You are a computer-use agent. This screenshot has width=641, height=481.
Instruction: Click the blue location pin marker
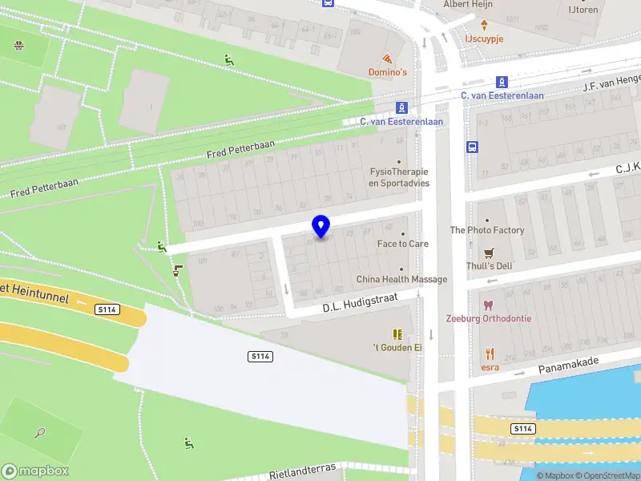321,226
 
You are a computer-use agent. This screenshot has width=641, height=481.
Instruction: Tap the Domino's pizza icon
388,59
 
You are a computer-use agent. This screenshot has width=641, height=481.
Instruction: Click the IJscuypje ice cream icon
484,25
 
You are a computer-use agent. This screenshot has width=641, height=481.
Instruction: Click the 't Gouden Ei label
397,347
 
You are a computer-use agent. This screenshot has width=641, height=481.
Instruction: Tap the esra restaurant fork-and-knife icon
490,353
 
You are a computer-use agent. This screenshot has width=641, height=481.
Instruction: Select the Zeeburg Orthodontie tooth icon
488,305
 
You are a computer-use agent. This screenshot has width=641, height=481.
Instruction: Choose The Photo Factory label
487,230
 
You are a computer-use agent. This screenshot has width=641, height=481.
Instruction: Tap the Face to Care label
403,244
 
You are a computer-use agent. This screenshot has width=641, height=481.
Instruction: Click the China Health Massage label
401,279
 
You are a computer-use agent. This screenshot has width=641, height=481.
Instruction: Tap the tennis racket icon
40,433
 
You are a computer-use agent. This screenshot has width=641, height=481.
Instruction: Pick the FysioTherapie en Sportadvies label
399,177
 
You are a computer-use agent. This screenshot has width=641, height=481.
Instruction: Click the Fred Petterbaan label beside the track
240,149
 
